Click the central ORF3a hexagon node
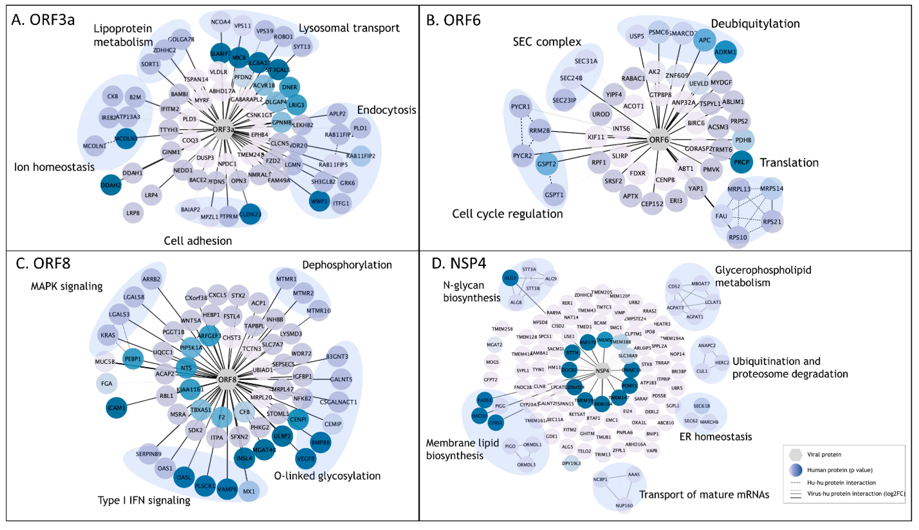(223, 130)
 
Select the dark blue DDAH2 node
(111, 185)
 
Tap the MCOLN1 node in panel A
(94, 146)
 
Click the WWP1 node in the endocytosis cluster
(319, 201)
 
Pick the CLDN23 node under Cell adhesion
(250, 214)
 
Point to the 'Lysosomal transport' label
(349, 28)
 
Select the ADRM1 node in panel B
(725, 52)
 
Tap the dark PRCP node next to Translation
(741, 162)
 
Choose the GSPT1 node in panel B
(554, 195)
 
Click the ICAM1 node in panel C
(116, 408)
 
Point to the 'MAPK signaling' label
(67, 286)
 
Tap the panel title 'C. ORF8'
(43, 263)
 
